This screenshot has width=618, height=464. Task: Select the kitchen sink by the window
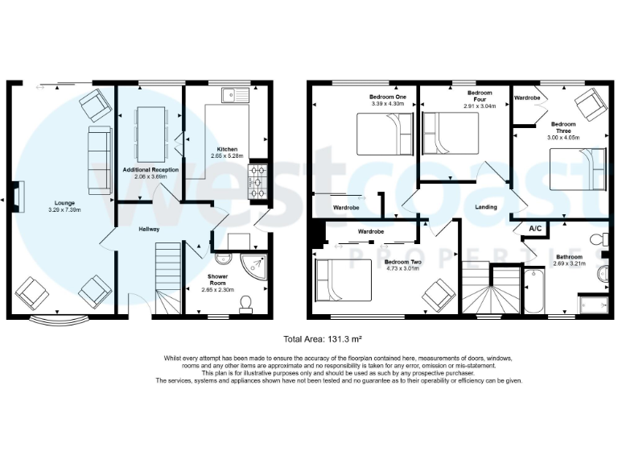pos(237,94)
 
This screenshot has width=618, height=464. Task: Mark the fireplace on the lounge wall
pos(18,195)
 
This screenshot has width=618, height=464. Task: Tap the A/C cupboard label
pos(534,230)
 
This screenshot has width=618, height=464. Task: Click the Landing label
pos(485,207)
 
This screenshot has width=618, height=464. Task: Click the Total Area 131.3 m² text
pos(308,340)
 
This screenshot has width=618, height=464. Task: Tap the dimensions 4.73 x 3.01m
pos(403,269)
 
